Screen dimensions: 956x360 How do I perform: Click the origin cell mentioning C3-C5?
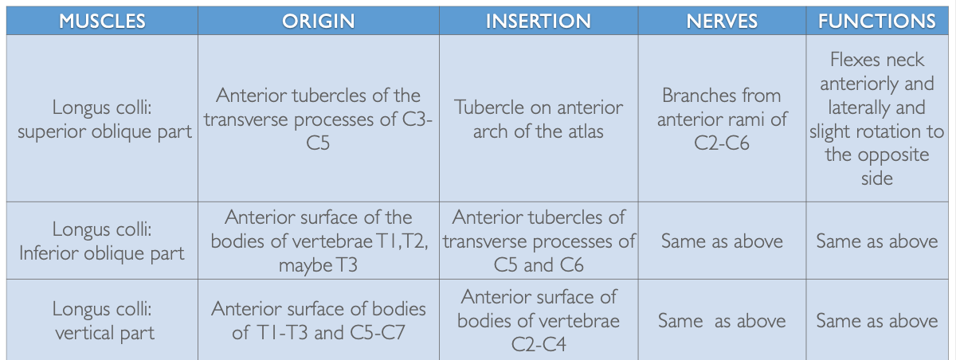coord(318,119)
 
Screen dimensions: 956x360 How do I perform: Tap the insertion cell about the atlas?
coord(539,119)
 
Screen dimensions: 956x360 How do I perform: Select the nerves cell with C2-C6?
coord(722,119)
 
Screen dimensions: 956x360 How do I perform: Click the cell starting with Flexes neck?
coord(876,119)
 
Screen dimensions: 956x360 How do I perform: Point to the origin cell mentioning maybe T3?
coord(318,241)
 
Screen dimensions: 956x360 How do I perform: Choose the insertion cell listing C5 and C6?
coord(539,241)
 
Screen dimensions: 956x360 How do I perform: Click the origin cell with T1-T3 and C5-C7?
coord(318,320)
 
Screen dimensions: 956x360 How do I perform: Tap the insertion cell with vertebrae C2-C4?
coord(539,320)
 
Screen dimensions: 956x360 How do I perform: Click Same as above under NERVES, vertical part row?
coord(722,321)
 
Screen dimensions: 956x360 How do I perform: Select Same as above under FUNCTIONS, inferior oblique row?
coord(876,241)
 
